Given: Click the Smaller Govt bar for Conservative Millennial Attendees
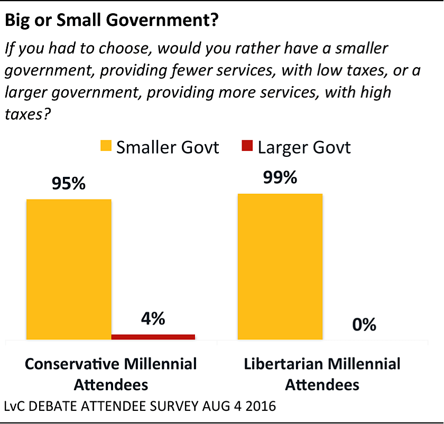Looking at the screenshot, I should pos(69,269).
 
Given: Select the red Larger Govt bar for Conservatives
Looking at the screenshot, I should pos(153,336).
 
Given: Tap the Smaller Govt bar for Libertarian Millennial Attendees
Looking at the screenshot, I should pos(280,266).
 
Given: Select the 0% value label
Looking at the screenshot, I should pos(364,324).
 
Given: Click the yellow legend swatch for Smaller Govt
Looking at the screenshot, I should pos(106,146).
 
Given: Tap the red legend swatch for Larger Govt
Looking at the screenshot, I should pos(248,146).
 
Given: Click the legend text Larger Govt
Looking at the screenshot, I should pos(304,147).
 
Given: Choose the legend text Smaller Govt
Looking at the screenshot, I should pos(168,147).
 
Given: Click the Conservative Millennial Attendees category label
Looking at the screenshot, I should pos(111,373).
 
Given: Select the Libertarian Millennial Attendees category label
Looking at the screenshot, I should pos(322,373).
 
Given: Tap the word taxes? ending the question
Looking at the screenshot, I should pos(26,115).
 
